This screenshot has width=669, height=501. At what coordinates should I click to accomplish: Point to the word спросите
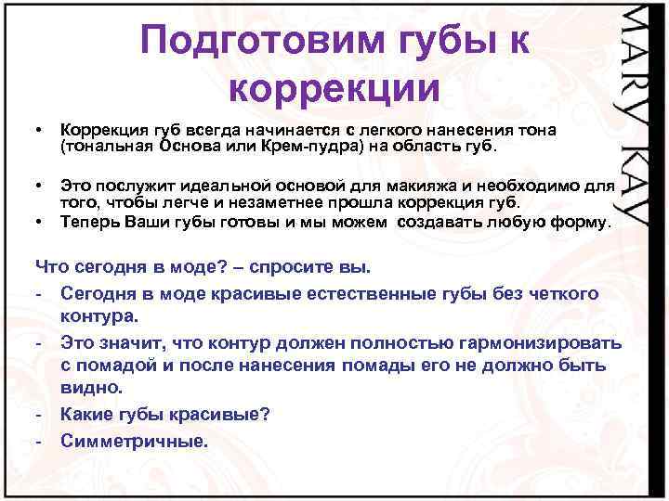[289, 268]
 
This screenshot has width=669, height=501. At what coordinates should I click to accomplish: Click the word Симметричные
[134, 440]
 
